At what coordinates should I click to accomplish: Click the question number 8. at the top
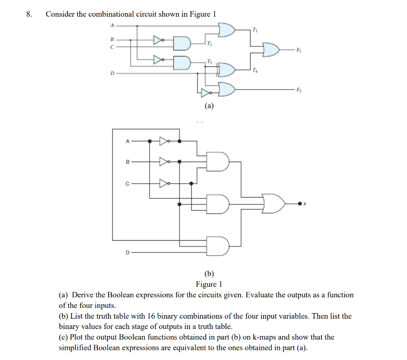coord(29,14)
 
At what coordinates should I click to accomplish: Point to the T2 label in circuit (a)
coord(209,61)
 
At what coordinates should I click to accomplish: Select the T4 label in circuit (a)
coord(254,71)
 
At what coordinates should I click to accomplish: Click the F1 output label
coord(299,50)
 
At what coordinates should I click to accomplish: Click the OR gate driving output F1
coord(271,50)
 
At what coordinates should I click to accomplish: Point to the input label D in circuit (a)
coord(112,73)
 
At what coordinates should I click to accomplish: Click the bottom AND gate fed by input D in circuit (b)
coord(218,246)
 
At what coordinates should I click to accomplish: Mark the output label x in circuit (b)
coord(305,204)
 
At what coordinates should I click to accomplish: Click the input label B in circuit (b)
coord(127,162)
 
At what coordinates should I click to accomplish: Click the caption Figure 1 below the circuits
coord(209,284)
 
